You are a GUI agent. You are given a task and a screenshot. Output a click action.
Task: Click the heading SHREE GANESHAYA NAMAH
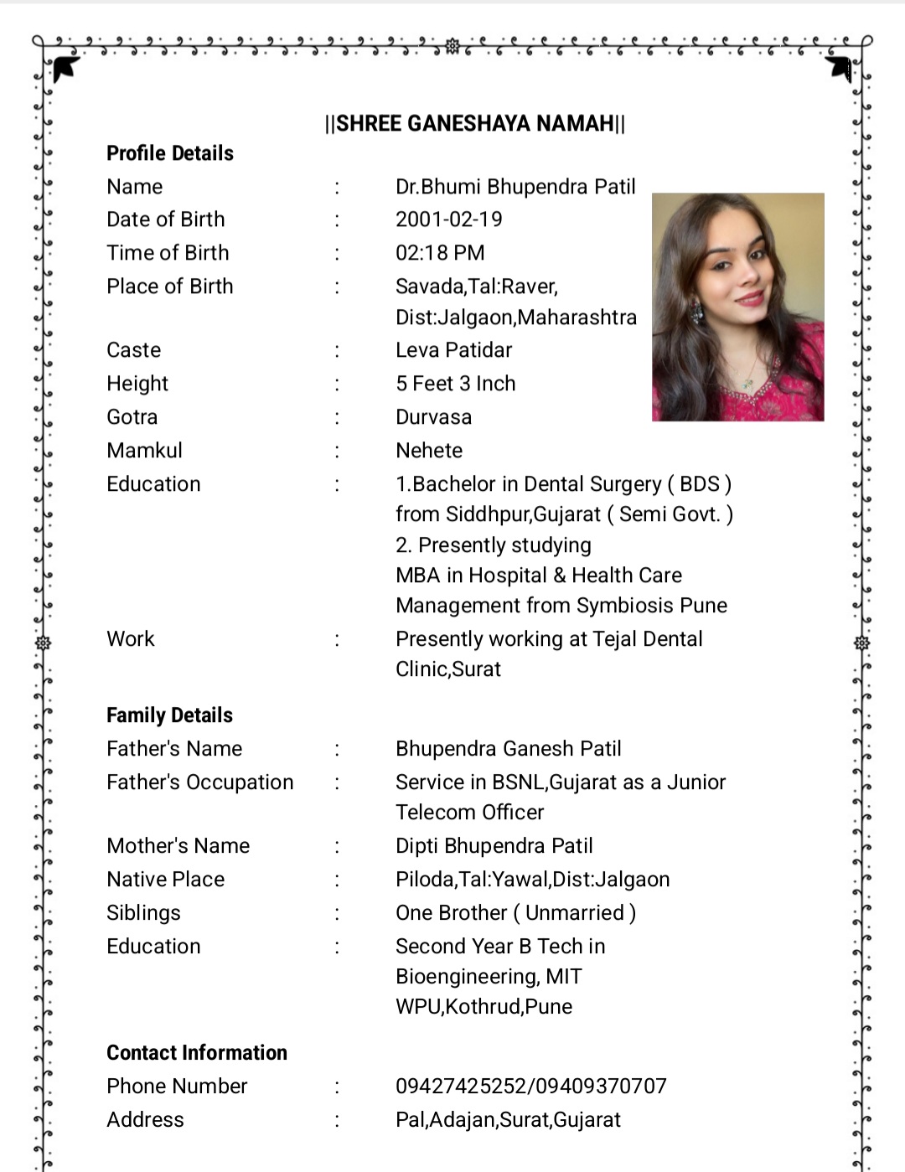pos(474,124)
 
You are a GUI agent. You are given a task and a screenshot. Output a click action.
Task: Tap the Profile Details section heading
pos(170,153)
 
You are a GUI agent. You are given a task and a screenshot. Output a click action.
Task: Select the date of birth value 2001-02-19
pos(449,219)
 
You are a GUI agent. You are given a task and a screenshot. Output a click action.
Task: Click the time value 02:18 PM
pos(440,253)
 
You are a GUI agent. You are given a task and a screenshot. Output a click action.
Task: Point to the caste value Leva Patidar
pos(453,350)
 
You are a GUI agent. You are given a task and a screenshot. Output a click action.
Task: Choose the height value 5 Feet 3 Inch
pos(456,384)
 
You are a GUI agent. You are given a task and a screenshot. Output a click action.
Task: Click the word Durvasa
pos(434,417)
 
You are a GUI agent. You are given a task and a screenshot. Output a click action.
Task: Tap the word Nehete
pos(429,451)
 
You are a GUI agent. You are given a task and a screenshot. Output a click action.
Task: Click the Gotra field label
pos(132,417)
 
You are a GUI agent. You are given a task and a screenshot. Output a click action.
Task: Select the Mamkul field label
pos(144,451)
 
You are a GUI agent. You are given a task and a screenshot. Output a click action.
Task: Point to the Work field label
pos(131,639)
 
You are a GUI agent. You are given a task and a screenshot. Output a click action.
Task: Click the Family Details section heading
pos(169,715)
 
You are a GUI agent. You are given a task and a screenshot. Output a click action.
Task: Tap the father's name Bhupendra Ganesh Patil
pos(509,749)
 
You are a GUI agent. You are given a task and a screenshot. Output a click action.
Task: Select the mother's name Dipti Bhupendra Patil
pos(494,846)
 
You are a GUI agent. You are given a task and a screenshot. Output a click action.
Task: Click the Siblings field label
pos(143,913)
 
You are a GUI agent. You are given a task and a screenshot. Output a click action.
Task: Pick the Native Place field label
pos(166,880)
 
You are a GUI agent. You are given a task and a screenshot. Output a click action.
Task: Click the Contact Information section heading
pos(197,1053)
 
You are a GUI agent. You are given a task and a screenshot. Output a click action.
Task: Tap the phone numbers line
pos(531,1087)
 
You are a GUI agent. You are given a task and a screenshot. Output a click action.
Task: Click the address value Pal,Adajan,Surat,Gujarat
pos(509,1120)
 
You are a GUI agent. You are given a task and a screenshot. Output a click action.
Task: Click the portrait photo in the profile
pos(738,307)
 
